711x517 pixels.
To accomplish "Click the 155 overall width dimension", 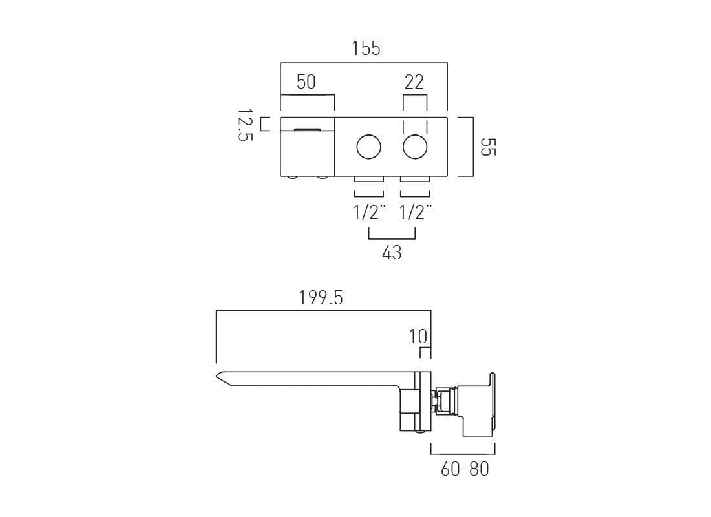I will tap(366, 48).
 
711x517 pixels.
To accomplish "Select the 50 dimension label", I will tap(306, 82).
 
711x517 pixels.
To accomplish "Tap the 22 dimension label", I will tap(414, 82).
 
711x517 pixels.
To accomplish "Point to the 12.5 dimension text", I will tap(244, 125).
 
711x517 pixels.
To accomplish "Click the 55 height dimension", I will tap(487, 147).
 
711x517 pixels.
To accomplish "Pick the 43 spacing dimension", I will tap(392, 253).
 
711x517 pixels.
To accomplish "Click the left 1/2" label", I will tap(369, 212).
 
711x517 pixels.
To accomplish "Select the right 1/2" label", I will tap(415, 212).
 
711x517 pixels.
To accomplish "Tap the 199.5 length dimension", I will tap(321, 298).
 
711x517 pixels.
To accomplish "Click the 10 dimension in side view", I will tap(418, 337).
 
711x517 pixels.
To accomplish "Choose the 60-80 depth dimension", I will tap(465, 469).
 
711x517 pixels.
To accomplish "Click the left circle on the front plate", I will tap(369, 147).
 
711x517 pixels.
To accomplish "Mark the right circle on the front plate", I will tap(415, 147).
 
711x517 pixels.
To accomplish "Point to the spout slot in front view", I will tap(307, 129).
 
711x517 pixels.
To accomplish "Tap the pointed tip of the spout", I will tap(218, 375).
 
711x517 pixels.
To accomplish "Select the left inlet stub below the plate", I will tap(369, 178).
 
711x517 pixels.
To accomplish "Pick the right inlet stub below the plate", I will tap(415, 178).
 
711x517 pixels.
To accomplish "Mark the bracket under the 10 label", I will tap(425, 352).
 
